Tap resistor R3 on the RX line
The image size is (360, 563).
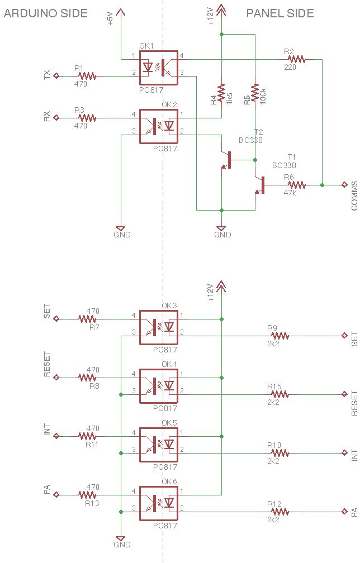pos(87,118)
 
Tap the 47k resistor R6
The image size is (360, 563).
pos(296,185)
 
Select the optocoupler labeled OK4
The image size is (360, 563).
pos(158,386)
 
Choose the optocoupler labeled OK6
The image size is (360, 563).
pos(158,503)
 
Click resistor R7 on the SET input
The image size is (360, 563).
pos(87,319)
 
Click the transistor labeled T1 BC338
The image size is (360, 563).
pos(260,185)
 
